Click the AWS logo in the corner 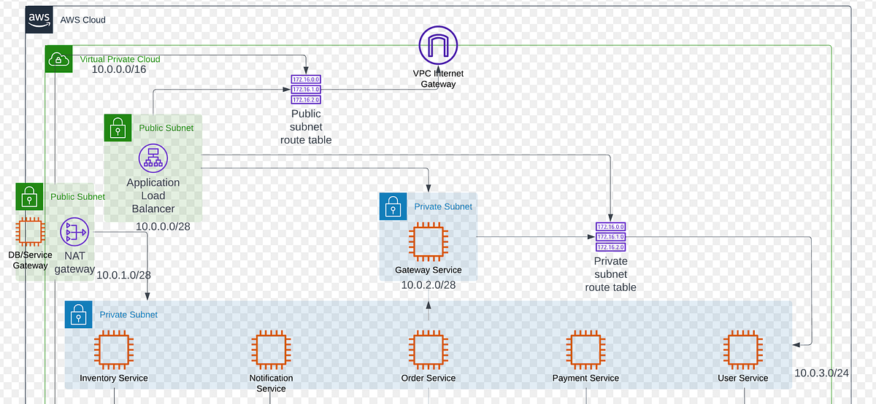tap(40, 20)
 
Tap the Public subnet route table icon tap(306, 90)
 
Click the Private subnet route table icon tap(610, 237)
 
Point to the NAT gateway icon tap(74, 233)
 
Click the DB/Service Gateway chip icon tap(30, 233)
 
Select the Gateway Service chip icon tap(428, 243)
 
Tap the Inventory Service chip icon tap(114, 349)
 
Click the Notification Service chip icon tap(271, 349)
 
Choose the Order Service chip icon tap(428, 349)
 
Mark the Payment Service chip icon tap(585, 349)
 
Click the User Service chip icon tap(742, 349)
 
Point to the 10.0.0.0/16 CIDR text tap(120, 69)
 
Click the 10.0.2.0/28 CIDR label tap(429, 284)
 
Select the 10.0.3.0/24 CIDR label tap(822, 373)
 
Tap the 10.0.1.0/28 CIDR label tap(124, 275)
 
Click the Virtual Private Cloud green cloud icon tap(59, 59)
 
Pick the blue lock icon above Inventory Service tap(78, 315)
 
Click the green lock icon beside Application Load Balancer tap(118, 128)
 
